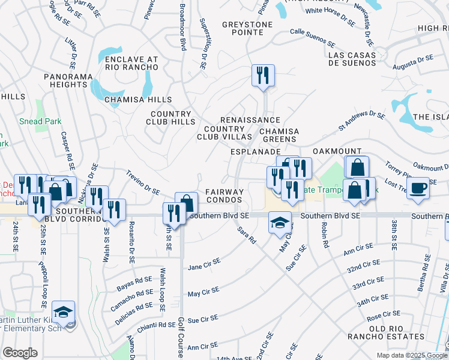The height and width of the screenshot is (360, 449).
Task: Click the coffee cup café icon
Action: coord(418,188)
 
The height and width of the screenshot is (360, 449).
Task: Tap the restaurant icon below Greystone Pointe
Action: coord(263,76)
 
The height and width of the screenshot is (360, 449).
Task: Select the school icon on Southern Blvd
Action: coord(279,222)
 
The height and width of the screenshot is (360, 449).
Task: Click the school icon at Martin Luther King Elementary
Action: coord(63,312)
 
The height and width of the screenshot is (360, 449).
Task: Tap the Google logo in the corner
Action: coord(20,353)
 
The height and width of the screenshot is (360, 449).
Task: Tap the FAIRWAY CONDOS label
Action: coord(225,196)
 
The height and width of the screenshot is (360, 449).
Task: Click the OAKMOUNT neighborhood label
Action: coord(337,152)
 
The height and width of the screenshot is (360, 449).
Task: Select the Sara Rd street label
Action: coord(246,235)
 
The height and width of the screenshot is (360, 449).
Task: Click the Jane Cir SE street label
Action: coord(204,264)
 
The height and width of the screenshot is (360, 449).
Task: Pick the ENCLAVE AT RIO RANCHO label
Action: coord(131,64)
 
